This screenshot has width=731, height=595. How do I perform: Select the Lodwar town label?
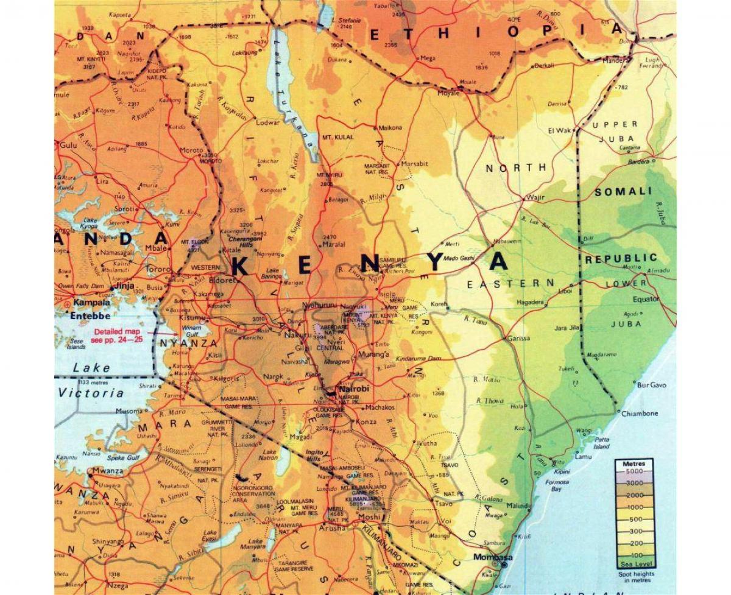[x=267, y=122]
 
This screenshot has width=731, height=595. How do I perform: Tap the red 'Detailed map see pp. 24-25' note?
[x=118, y=336]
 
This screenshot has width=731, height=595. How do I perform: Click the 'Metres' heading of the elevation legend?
[x=634, y=464]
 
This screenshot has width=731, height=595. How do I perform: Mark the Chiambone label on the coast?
[x=640, y=414]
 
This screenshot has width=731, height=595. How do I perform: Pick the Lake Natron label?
[x=269, y=456]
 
